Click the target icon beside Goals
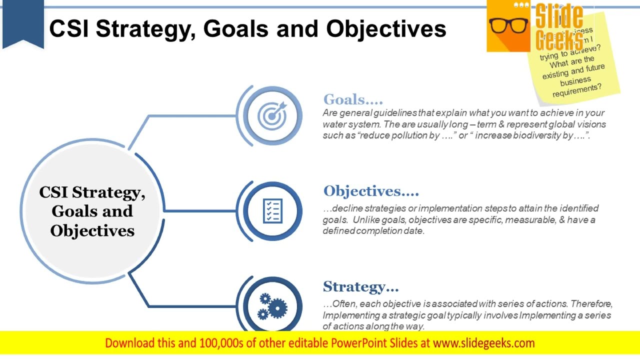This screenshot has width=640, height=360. [272, 116]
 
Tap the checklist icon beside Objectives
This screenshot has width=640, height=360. [272, 211]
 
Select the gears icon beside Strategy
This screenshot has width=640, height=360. [272, 306]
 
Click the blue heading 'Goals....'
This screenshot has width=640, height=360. [353, 99]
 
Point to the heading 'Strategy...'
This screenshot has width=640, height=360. [360, 286]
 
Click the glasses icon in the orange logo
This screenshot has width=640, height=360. [508, 25]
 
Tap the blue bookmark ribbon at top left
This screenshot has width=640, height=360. [23, 22]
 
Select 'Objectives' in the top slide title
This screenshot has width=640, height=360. [386, 28]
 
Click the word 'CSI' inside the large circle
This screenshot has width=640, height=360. [54, 192]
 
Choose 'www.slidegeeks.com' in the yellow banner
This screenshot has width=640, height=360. [483, 343]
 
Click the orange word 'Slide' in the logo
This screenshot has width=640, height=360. [559, 17]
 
